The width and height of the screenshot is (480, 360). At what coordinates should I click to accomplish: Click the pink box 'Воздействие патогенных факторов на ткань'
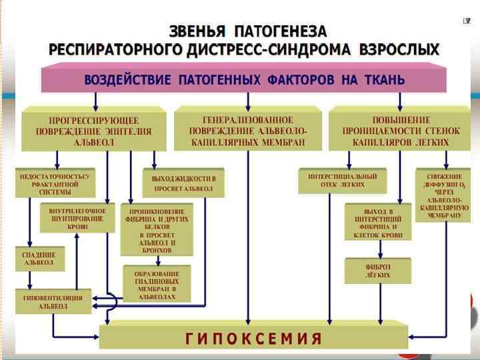pos(243,80)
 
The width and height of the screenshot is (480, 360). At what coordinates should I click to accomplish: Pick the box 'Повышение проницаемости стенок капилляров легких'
pos(401,130)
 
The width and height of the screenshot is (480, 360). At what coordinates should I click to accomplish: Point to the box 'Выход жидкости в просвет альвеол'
pos(179,183)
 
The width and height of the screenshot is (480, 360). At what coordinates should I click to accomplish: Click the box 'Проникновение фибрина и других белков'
pos(157,229)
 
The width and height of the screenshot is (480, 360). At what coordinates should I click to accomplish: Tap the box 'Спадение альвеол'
pos(40,259)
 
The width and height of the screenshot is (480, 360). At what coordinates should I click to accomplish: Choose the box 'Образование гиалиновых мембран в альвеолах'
pos(157,283)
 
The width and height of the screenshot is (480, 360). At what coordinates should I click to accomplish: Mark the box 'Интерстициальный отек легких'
pos(343,180)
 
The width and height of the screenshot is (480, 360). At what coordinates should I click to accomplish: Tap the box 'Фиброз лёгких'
pos(377,271)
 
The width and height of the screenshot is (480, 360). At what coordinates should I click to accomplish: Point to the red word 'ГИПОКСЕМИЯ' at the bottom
pos(253,337)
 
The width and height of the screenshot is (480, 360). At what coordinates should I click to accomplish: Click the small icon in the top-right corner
pos(467,21)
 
